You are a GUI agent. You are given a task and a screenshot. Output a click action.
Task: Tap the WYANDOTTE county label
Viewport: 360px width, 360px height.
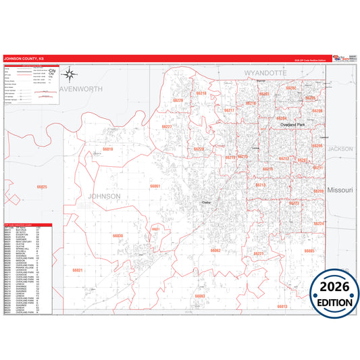click(x=266, y=71)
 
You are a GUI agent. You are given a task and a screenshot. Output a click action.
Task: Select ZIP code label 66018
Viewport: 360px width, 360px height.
click(x=108, y=149)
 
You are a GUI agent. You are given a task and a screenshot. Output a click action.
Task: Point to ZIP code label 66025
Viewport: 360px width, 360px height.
click(x=42, y=186)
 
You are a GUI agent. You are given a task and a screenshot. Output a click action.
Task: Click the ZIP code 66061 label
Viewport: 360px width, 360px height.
click(x=155, y=186)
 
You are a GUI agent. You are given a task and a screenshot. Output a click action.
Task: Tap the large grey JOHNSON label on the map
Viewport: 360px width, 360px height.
click(x=104, y=196)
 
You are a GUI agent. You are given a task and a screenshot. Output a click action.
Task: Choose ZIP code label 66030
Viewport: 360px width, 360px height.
click(x=118, y=236)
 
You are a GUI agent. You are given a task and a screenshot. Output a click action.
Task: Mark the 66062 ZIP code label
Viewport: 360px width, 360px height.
click(x=216, y=251)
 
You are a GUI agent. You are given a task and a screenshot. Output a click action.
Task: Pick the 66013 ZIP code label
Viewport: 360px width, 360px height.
click(x=282, y=306)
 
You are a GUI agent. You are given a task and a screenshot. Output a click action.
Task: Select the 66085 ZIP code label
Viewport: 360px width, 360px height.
click(x=309, y=251)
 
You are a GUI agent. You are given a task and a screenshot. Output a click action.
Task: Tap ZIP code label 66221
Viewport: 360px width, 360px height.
click(x=258, y=254)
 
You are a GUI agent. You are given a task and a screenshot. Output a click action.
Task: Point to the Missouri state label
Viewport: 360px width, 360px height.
click(x=340, y=191)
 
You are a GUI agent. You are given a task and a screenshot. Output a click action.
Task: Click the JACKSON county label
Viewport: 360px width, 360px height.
click(x=340, y=148)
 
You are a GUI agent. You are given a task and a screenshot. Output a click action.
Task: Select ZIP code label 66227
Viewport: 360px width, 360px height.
click(x=167, y=127)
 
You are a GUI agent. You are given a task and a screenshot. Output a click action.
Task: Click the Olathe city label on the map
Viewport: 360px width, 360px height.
click(x=207, y=201)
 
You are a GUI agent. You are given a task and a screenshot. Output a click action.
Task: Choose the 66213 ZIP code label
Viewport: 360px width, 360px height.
click(x=260, y=184)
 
